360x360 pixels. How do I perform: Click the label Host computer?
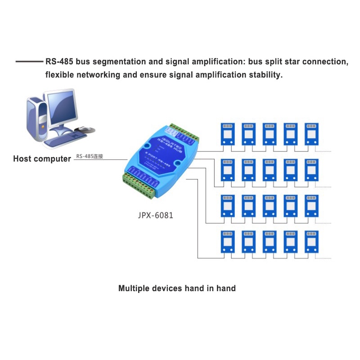coord(42,159)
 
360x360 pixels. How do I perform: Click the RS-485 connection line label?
coord(90,157)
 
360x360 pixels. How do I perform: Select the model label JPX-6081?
coord(156,216)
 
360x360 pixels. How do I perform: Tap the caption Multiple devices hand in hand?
coord(177,288)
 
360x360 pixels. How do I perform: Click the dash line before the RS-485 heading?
coord(29,62)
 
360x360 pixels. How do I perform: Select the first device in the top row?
coord(228,133)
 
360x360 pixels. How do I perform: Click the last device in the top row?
coord(312,133)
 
